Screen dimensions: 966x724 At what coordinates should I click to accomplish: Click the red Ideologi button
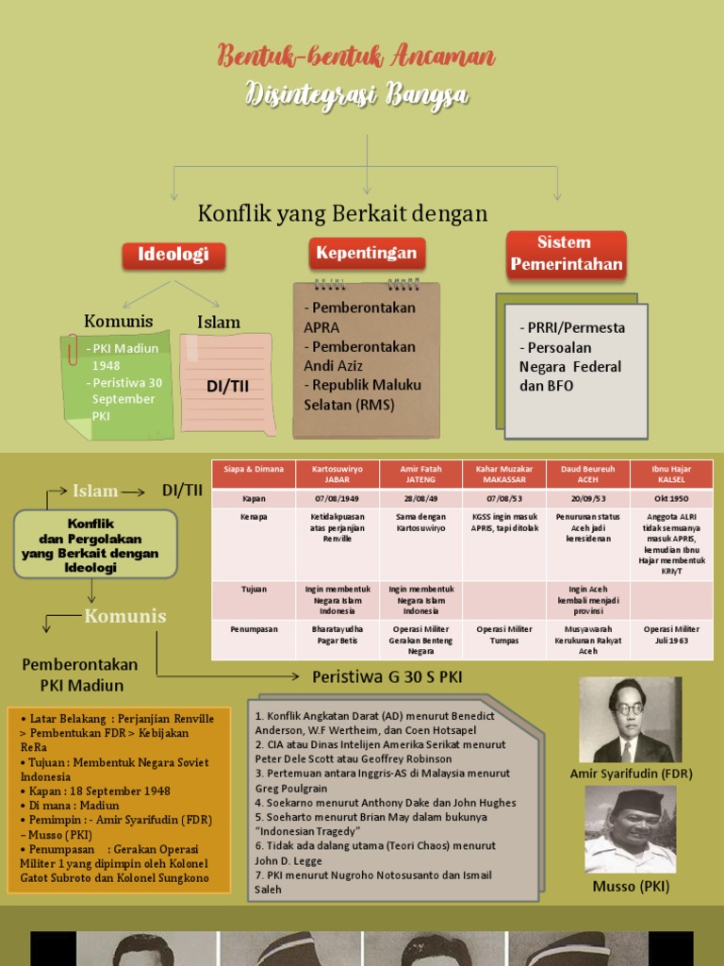pyautogui.click(x=173, y=255)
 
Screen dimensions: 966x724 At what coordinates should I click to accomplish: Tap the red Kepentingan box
pyautogui.click(x=367, y=253)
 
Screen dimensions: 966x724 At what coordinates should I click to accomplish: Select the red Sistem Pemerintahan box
pyautogui.click(x=566, y=254)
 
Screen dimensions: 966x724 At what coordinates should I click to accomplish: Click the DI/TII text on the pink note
pyautogui.click(x=227, y=387)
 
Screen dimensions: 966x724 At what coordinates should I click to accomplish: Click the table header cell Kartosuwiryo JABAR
pyautogui.click(x=337, y=473)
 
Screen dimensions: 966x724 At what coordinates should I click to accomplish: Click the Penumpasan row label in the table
pyautogui.click(x=254, y=628)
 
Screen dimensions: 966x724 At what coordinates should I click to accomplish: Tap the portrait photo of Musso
pyautogui.click(x=630, y=829)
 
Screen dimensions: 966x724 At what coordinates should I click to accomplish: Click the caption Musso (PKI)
pyautogui.click(x=631, y=887)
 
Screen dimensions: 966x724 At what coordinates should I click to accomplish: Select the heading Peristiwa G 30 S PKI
pyautogui.click(x=387, y=676)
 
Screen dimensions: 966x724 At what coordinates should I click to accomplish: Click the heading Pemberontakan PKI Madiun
pyautogui.click(x=80, y=675)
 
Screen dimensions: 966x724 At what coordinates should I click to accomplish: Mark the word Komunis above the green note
pyautogui.click(x=118, y=322)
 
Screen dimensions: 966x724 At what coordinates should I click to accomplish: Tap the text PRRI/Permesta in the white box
pyautogui.click(x=571, y=327)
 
